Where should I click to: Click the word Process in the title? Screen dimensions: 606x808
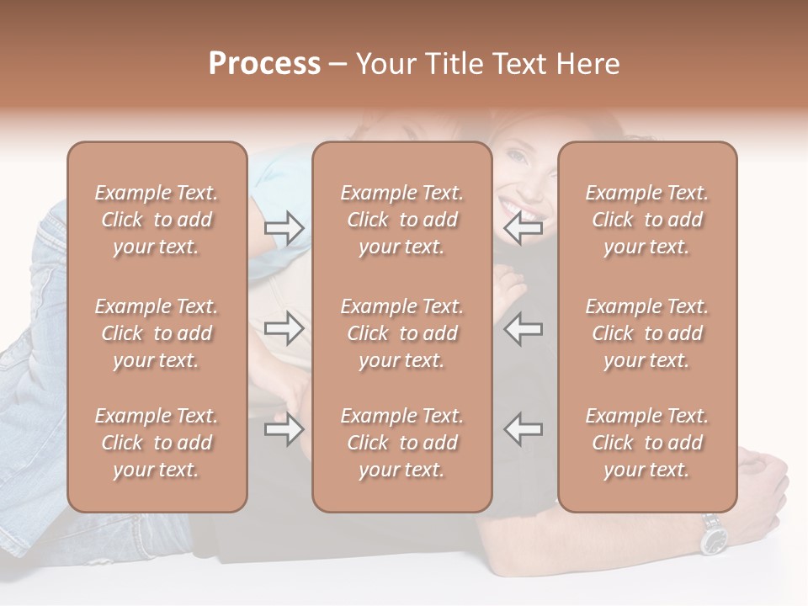[264, 64]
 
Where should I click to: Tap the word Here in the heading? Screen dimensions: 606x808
[586, 64]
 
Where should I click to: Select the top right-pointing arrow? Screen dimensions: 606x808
[284, 228]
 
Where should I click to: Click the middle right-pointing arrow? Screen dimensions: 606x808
[284, 328]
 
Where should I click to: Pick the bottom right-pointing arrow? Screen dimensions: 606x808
[284, 429]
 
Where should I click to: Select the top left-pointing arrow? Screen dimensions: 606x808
[523, 228]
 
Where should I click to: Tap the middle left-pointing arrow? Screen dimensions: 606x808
[523, 328]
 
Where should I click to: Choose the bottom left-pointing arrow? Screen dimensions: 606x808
[523, 429]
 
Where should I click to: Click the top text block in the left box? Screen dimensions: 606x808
[157, 220]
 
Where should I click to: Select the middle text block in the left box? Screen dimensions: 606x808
[157, 333]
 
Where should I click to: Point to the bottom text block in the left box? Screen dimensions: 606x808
[157, 443]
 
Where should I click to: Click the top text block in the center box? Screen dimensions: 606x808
[401, 220]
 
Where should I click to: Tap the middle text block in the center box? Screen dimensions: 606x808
[401, 333]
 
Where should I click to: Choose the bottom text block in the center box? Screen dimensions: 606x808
[401, 443]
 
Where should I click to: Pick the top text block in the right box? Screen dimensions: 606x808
[646, 220]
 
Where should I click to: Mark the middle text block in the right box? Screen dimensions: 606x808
[646, 333]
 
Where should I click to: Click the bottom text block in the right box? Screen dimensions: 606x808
[646, 443]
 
